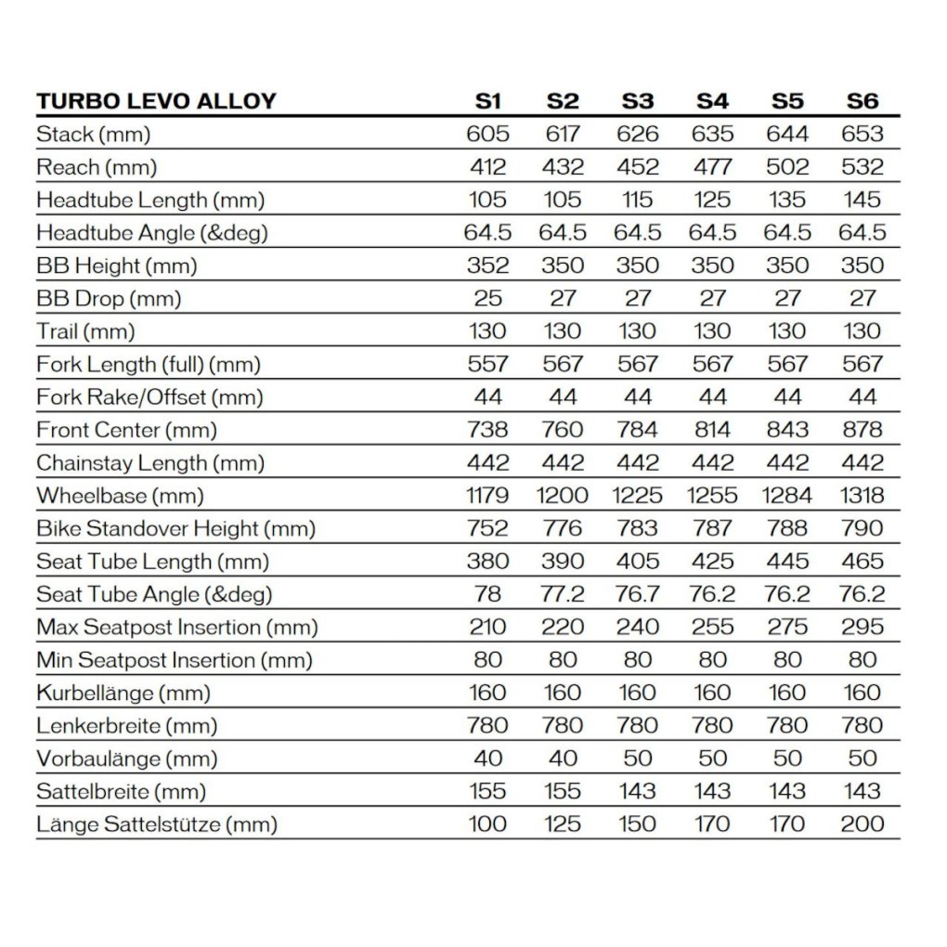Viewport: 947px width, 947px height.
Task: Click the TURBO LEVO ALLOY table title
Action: (x=156, y=101)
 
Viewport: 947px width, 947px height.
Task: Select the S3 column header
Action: (x=637, y=101)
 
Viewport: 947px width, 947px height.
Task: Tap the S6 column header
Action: (x=862, y=101)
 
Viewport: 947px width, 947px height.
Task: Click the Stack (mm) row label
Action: (x=93, y=135)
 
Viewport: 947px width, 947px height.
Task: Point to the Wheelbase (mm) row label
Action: (x=120, y=496)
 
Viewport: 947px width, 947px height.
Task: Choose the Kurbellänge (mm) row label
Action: (x=123, y=693)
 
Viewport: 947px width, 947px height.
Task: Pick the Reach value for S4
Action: (x=712, y=167)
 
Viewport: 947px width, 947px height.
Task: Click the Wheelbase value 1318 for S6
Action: (x=862, y=496)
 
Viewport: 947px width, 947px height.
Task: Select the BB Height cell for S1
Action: (x=487, y=266)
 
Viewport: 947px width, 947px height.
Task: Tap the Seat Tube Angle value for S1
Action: (x=487, y=594)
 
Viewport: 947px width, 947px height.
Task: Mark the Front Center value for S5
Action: (x=786, y=430)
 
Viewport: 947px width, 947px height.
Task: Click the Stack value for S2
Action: (x=563, y=135)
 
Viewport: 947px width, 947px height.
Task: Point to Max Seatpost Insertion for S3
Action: (x=637, y=627)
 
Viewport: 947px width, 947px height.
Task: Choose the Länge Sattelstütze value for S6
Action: (x=862, y=824)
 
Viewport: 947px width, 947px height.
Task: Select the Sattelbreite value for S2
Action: (x=563, y=791)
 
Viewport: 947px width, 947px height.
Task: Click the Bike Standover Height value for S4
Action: (x=712, y=528)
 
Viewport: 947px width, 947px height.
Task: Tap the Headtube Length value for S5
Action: (x=786, y=200)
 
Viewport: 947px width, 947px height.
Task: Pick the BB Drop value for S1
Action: (x=487, y=299)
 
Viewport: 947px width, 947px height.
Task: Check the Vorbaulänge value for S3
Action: (x=637, y=759)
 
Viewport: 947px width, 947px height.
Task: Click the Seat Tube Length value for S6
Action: (x=862, y=562)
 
